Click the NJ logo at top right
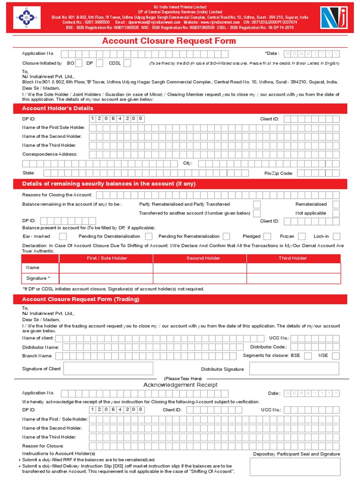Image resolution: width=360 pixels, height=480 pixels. pyautogui.click(x=335, y=19)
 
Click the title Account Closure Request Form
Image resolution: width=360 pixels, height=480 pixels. pyautogui.click(x=169, y=41)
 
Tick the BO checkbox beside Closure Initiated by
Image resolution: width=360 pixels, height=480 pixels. pyautogui.click(x=79, y=63)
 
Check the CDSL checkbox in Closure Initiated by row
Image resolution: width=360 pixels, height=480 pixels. pyautogui.click(x=127, y=63)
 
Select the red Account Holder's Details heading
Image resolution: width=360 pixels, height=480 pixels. pyautogui.click(x=58, y=108)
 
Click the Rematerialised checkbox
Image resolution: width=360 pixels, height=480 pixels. pyautogui.click(x=336, y=204)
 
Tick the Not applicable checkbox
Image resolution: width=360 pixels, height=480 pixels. pyautogui.click(x=336, y=213)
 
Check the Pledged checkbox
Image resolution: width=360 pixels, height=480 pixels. pyautogui.click(x=268, y=236)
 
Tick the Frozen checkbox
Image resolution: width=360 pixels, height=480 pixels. pyautogui.click(x=302, y=236)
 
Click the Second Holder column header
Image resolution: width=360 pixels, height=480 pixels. pyautogui.click(x=203, y=258)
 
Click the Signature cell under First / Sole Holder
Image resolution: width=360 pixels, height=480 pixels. pyautogui.click(x=106, y=278)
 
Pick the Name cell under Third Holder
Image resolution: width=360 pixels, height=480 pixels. pyautogui.click(x=293, y=268)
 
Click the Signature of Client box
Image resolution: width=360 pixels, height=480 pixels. pyautogui.click(x=108, y=368)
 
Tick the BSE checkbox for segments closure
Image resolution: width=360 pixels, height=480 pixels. pyautogui.click(x=307, y=356)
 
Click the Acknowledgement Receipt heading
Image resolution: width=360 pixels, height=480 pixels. pyautogui.click(x=180, y=385)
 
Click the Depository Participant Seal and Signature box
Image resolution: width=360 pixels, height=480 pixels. pyautogui.click(x=295, y=467)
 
